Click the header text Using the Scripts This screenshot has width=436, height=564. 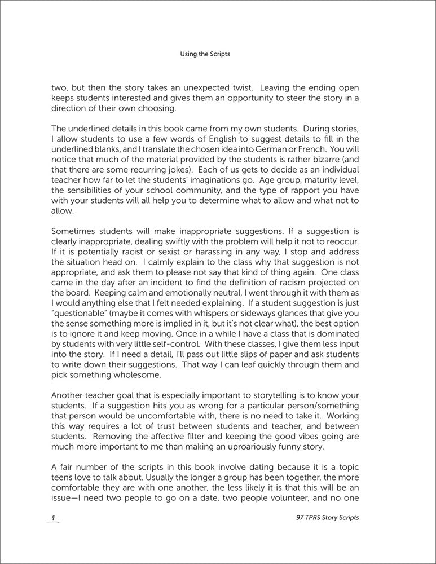(x=205, y=55)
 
